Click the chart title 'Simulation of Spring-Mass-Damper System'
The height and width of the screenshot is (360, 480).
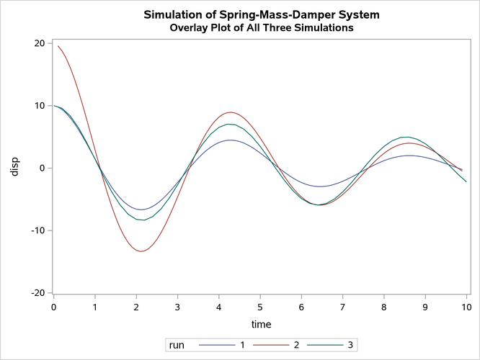pyautogui.click(x=261, y=14)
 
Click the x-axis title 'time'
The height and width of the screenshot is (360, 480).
pyautogui.click(x=260, y=325)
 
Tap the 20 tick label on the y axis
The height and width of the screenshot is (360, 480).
pyautogui.click(x=40, y=43)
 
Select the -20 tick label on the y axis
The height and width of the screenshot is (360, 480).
pyautogui.click(x=37, y=293)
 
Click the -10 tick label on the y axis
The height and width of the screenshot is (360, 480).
pyautogui.click(x=37, y=230)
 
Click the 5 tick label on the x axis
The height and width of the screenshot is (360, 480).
pyautogui.click(x=260, y=308)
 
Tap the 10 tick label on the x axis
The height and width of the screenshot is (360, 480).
pyautogui.click(x=466, y=308)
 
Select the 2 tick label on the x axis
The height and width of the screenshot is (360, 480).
pyautogui.click(x=136, y=308)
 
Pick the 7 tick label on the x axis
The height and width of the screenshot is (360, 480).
pyautogui.click(x=343, y=308)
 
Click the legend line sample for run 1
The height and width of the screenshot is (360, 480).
pyautogui.click(x=209, y=346)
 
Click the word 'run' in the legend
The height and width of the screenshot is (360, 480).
pyautogui.click(x=175, y=346)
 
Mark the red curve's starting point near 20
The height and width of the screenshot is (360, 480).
pyautogui.click(x=58, y=47)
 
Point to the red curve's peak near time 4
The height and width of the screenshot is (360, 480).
pyautogui.click(x=230, y=112)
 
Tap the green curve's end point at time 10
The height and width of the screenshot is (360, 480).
pyautogui.click(x=466, y=181)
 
